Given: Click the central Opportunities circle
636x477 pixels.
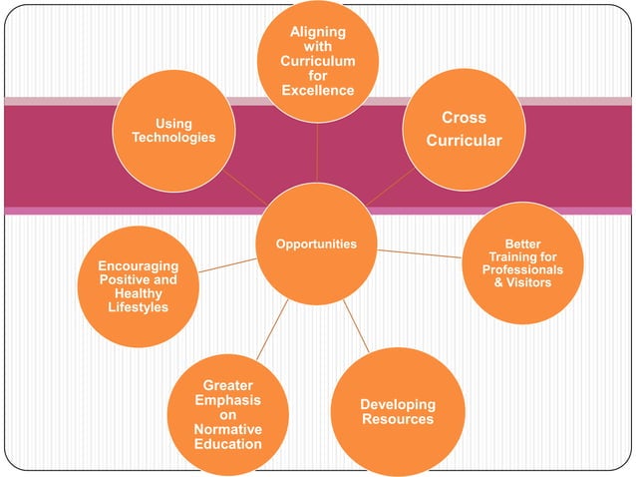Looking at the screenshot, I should point(316,244).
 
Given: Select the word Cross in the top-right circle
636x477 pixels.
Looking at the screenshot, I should point(464,118).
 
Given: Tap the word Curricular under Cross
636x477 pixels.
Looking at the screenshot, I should point(464,141).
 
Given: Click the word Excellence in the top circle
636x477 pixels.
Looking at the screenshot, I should point(317,91).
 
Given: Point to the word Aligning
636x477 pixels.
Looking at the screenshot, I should point(317,32).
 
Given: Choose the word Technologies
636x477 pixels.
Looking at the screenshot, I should point(173,137).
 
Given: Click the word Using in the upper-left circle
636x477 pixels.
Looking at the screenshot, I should point(173,124).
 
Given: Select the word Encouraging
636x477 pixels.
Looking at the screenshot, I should point(139,266).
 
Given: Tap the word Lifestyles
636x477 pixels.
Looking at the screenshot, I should point(139,307).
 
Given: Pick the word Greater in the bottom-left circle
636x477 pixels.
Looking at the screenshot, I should point(227,385).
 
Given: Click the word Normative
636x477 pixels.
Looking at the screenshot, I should point(227,429).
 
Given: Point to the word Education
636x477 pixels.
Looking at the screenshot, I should point(227,443).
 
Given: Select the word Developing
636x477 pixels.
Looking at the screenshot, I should point(398,404).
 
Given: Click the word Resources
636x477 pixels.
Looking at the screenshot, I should point(398,419).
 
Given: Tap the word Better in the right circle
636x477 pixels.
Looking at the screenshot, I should point(522,243).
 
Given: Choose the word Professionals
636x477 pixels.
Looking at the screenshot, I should point(522,269).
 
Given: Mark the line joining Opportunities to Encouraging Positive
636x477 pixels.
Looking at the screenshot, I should point(227,264).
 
